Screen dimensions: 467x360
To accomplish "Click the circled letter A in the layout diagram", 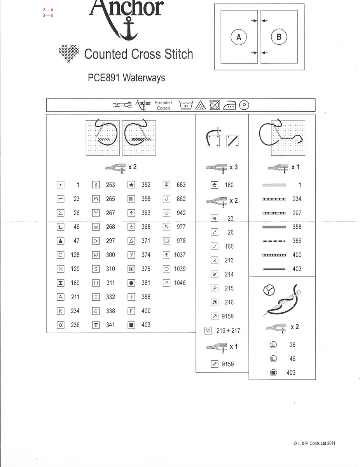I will click(239, 37).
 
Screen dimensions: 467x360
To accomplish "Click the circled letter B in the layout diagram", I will click(279, 37).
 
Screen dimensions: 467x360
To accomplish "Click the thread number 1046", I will click(180, 283).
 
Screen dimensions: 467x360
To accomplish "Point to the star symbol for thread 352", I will click(131, 185).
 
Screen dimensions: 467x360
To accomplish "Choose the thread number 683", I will click(181, 185).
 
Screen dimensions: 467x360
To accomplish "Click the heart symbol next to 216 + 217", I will click(208, 330).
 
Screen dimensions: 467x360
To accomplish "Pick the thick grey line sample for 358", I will click(274, 227).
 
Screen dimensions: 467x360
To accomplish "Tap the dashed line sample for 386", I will click(274, 241).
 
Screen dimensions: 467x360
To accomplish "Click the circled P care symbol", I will click(244, 105).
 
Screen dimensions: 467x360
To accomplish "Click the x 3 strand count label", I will click(233, 167).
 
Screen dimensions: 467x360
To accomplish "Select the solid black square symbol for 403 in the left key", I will click(131, 325).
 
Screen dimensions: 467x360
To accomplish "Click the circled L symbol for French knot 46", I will click(273, 359).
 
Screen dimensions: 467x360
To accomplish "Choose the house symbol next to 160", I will click(214, 185).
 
